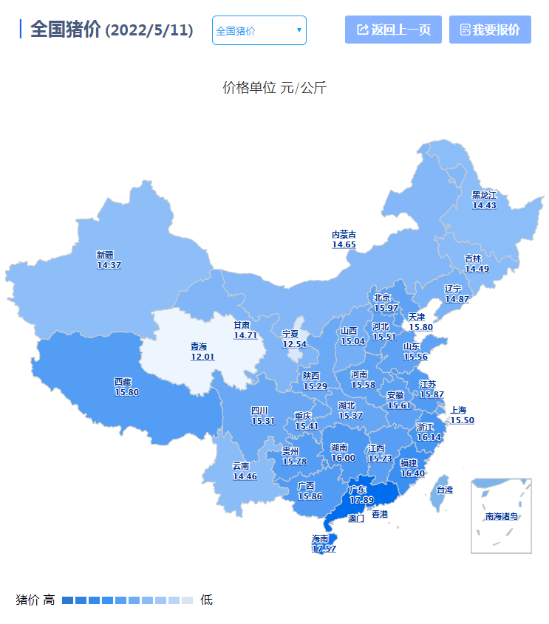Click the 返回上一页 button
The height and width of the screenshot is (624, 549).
click(x=393, y=30)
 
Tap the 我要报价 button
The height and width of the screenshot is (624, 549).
click(x=490, y=30)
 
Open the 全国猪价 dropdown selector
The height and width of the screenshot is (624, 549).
click(x=259, y=30)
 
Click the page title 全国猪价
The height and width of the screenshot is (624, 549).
click(x=65, y=30)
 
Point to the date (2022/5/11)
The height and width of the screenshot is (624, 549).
click(x=149, y=30)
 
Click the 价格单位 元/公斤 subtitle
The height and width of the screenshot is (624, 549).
click(x=274, y=88)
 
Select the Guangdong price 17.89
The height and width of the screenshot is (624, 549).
click(x=361, y=500)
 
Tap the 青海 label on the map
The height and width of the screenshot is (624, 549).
click(x=199, y=346)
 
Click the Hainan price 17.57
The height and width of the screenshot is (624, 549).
click(x=324, y=549)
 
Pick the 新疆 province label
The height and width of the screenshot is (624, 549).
click(x=105, y=255)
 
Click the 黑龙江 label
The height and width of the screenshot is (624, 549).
click(x=484, y=195)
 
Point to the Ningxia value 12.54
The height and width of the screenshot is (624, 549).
click(x=294, y=344)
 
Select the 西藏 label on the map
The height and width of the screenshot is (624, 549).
click(x=123, y=382)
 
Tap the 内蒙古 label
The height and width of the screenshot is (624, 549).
click(x=344, y=234)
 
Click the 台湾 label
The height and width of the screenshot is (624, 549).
click(x=444, y=490)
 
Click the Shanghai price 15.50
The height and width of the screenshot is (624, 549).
click(x=462, y=420)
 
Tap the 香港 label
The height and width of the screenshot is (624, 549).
click(x=379, y=514)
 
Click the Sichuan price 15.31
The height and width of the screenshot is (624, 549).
click(x=263, y=421)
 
